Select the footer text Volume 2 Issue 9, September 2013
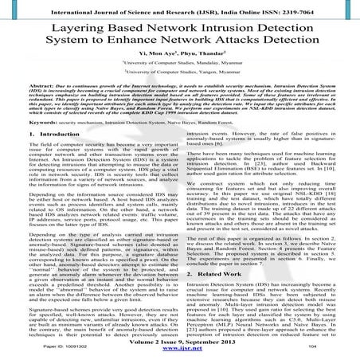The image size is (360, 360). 180,341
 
